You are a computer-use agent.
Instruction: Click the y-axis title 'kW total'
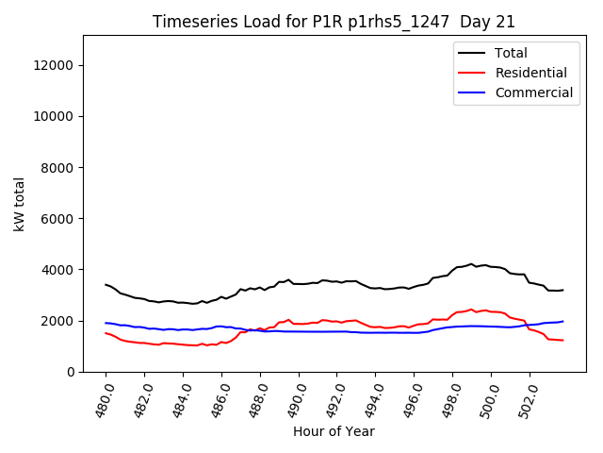[x=20, y=203]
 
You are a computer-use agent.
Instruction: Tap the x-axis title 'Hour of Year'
[x=334, y=431]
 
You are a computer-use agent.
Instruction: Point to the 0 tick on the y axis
[x=72, y=372]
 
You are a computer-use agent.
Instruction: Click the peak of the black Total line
[x=471, y=264]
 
